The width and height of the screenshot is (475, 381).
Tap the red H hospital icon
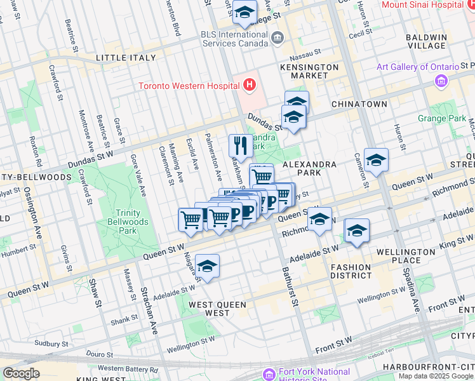coord(250,84)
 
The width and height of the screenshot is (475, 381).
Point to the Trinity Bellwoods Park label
coord(132,222)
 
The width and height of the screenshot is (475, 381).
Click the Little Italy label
coord(126,58)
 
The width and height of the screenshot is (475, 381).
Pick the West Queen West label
coord(218,309)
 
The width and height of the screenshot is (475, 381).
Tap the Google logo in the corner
coord(21,373)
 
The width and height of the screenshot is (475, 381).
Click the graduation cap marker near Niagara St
coord(207,266)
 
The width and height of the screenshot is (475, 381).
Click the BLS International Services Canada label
coord(235,39)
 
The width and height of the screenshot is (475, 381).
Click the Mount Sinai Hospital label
coord(422,4)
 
